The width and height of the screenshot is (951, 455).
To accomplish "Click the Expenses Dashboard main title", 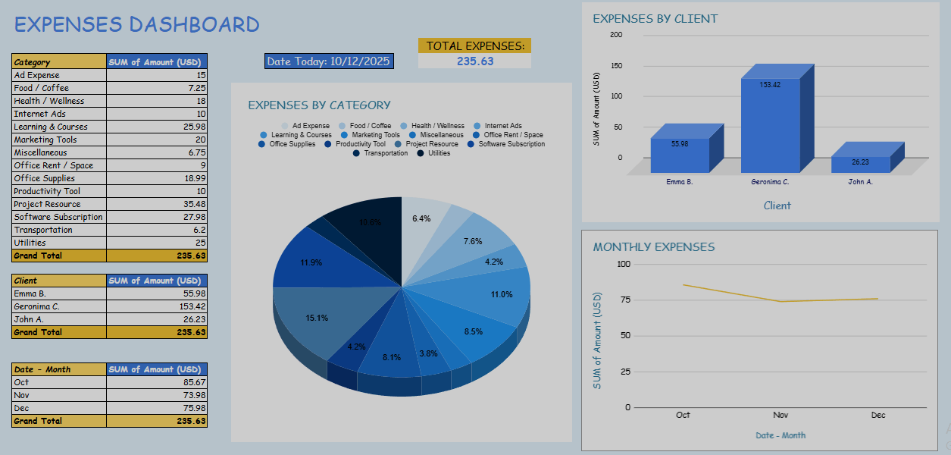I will click(x=137, y=24).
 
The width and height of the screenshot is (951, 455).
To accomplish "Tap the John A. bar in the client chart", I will click(x=861, y=163).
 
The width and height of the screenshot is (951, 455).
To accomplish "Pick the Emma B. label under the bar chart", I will click(x=680, y=182).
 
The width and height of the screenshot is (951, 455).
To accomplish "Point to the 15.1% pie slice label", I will click(x=317, y=318).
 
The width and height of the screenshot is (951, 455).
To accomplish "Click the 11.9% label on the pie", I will click(x=311, y=262).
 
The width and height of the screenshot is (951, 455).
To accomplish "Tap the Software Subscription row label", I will click(x=58, y=217).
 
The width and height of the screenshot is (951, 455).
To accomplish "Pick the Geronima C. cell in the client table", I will click(x=36, y=306).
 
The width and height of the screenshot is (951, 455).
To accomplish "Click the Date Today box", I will click(x=329, y=61).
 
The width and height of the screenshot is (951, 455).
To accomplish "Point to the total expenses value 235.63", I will click(x=475, y=61).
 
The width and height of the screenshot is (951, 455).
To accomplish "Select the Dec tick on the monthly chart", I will click(x=878, y=416).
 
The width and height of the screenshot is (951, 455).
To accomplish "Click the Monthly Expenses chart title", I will click(x=653, y=246).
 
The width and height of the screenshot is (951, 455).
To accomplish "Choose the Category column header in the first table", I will click(x=33, y=62).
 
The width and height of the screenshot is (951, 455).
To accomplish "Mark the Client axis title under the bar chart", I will click(x=777, y=206).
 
